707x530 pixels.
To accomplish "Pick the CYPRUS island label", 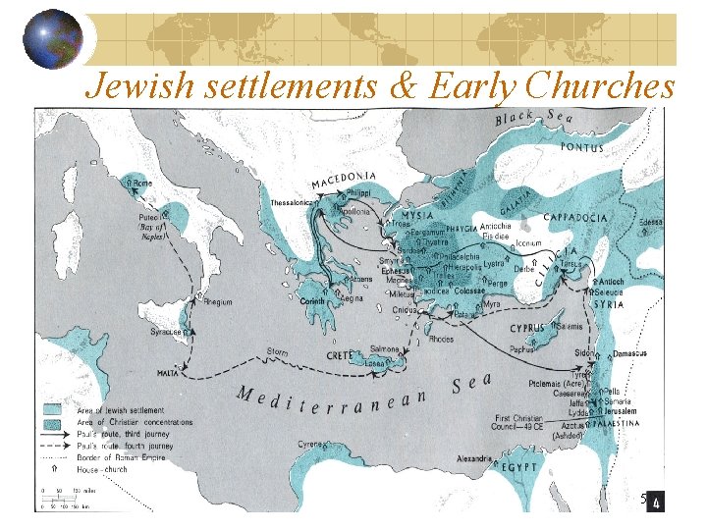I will click(x=534, y=332).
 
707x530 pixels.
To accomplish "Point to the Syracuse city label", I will click(x=165, y=333).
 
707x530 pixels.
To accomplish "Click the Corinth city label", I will click(x=312, y=302).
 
